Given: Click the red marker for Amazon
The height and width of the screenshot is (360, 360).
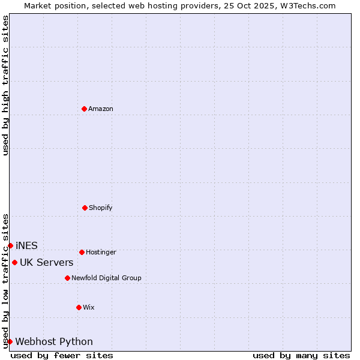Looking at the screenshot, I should tap(84, 109).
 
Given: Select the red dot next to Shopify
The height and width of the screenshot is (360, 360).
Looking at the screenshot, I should tap(85, 208).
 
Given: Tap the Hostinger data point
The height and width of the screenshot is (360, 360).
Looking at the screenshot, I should tap(82, 252).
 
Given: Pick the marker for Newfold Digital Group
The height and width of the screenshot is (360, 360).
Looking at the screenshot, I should tap(67, 278).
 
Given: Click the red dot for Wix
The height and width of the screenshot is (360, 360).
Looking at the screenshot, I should tap(79, 307).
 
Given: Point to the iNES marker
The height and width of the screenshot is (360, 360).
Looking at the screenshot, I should tap(10, 245).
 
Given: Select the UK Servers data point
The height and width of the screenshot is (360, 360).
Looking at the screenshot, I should tap(14, 262).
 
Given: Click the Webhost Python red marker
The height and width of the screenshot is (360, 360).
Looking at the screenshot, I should tap(10, 341).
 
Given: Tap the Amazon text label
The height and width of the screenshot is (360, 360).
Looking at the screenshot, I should tap(101, 109).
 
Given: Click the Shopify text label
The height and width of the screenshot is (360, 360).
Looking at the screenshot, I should tap(101, 208).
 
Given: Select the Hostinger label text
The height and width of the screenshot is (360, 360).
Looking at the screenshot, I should tap(101, 253).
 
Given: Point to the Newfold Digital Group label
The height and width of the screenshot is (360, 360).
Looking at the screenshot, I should tap(106, 278).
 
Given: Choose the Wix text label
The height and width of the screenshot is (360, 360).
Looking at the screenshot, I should tap(89, 308).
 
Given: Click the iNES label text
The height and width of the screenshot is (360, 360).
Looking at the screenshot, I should tap(26, 246).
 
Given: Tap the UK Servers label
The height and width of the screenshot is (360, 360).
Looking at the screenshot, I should tap(47, 263).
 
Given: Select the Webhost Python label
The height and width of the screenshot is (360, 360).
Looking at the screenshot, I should tap(54, 342).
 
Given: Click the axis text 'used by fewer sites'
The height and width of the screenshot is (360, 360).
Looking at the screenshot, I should tap(62, 355).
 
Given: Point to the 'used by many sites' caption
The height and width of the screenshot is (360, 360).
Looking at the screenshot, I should tap(301, 355).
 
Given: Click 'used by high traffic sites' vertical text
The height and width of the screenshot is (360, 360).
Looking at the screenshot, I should tap(5, 85).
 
